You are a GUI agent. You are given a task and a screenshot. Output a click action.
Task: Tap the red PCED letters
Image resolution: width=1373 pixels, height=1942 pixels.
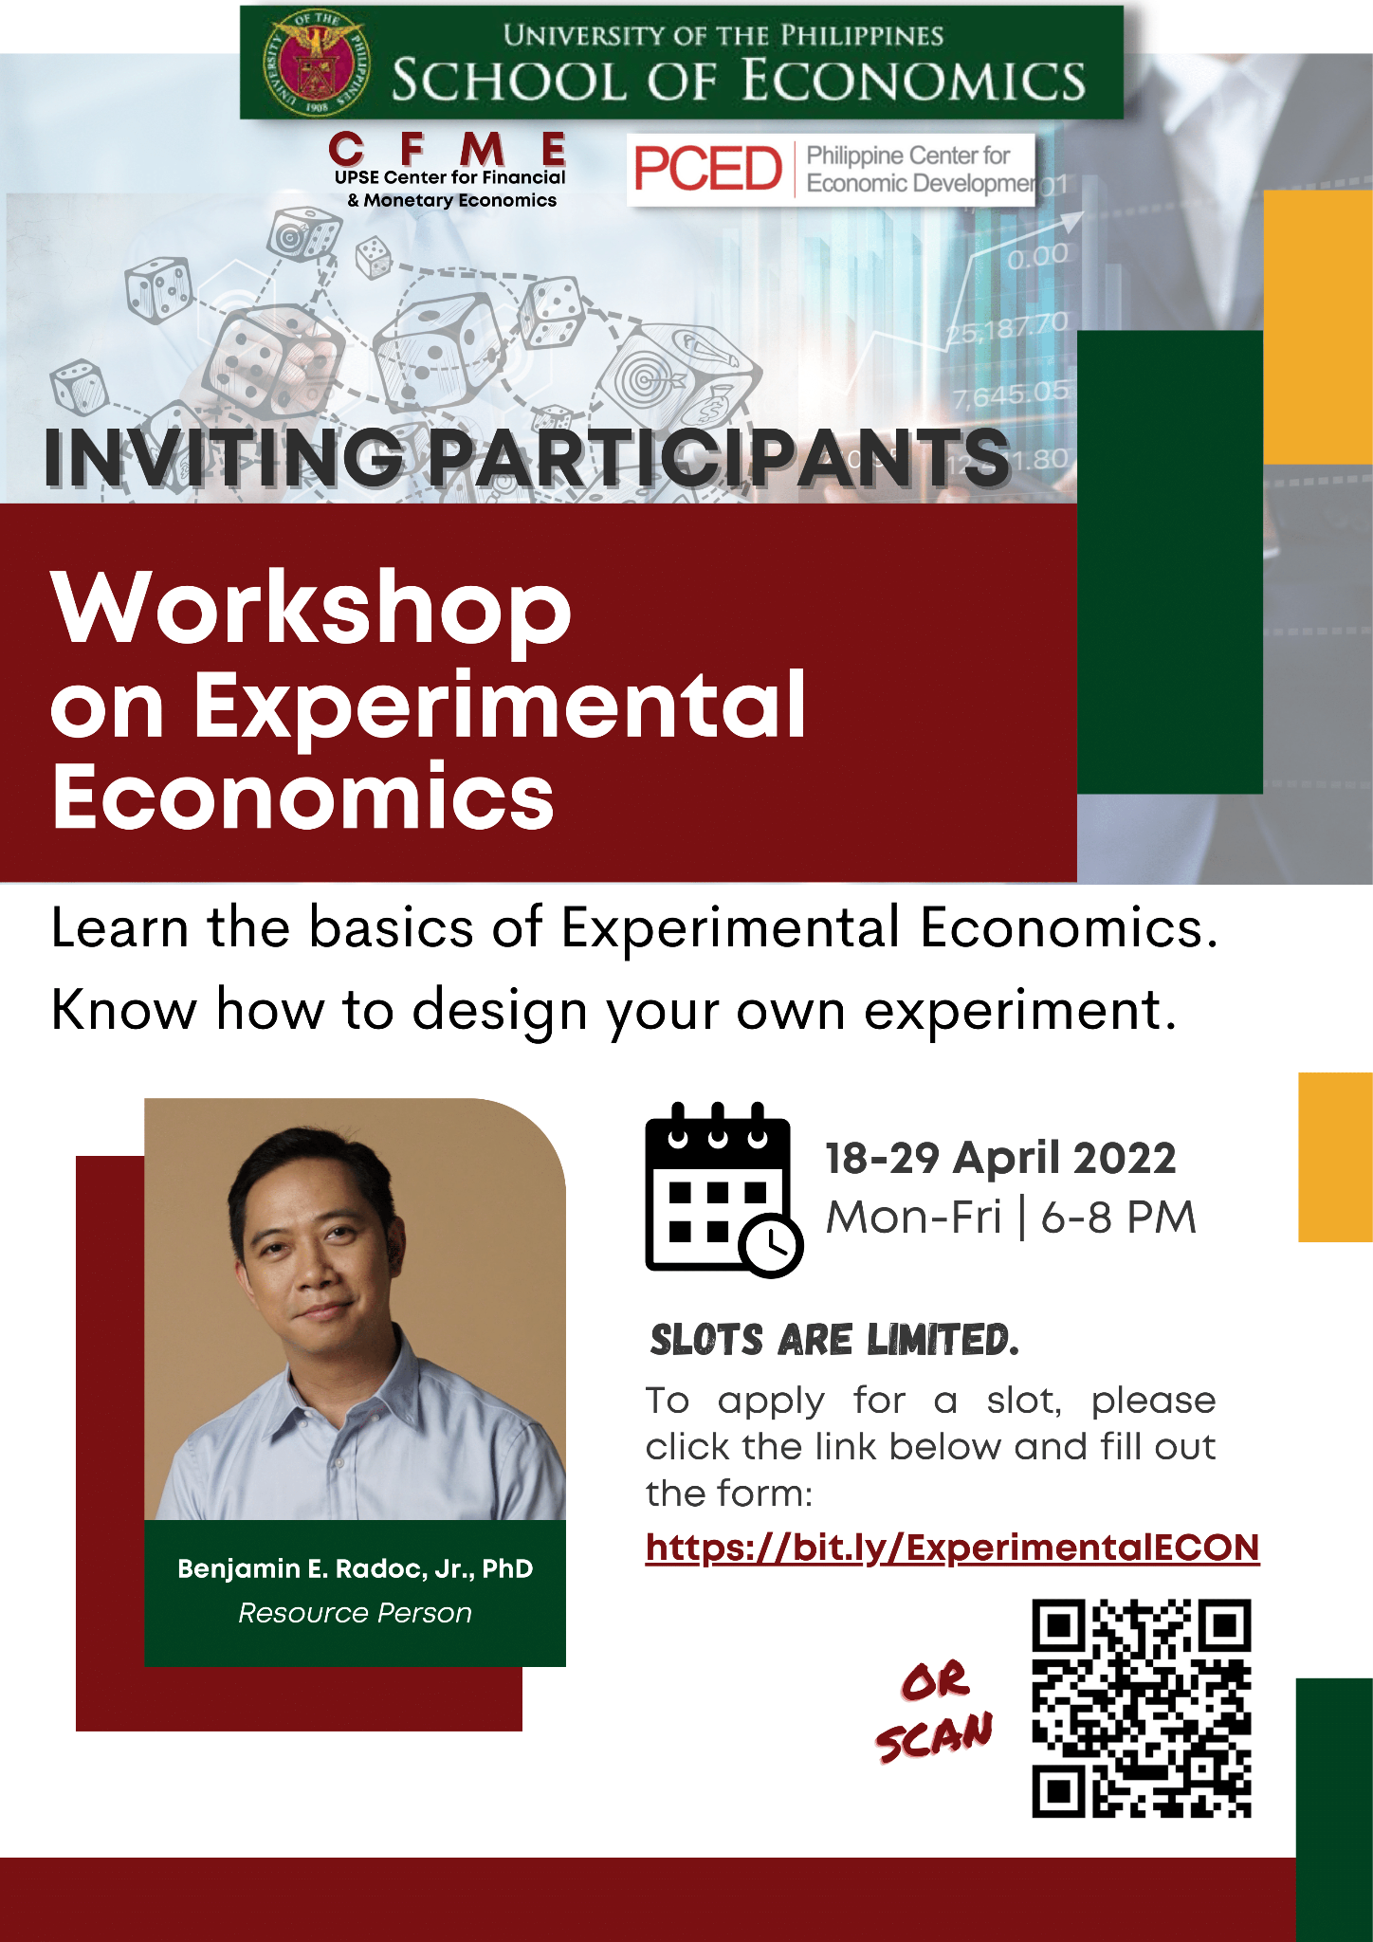[707, 170]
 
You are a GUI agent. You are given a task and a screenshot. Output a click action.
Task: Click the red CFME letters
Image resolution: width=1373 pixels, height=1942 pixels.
[448, 150]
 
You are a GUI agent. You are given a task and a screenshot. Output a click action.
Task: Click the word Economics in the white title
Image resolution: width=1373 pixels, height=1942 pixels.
[302, 797]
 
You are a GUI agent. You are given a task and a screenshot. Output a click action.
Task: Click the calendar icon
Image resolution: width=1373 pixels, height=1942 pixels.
[723, 1189]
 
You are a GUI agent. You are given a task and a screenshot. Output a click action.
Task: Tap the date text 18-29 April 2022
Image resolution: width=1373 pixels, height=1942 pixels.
[1000, 1158]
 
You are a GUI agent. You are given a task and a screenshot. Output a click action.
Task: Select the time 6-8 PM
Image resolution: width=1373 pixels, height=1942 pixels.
[1119, 1218]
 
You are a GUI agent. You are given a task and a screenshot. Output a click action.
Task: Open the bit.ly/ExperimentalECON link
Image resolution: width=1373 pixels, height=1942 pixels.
[952, 1548]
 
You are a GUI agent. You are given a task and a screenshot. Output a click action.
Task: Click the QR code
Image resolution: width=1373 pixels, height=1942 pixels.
[1142, 1708]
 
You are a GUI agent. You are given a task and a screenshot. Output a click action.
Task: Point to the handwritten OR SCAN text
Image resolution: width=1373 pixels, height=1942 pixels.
[934, 1711]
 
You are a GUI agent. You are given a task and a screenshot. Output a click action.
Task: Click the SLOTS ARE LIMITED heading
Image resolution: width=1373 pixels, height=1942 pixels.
[834, 1340]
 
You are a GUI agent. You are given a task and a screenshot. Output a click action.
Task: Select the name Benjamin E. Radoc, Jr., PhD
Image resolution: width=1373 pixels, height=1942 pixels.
[355, 1568]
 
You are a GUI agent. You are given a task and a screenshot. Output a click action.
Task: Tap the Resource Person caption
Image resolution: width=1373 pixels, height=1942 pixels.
[355, 1613]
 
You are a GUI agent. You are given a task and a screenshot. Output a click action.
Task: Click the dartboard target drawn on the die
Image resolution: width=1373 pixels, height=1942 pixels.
[650, 379]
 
